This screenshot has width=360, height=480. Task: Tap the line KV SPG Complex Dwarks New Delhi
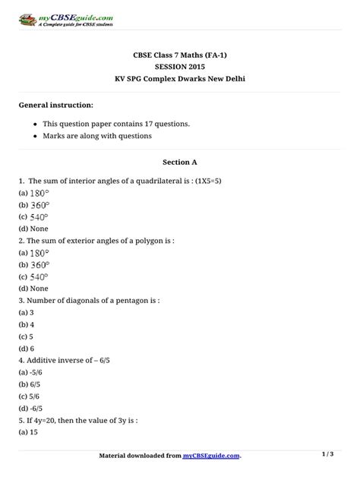179,79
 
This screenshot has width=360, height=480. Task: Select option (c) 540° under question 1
34,216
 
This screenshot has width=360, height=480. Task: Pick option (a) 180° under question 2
34,252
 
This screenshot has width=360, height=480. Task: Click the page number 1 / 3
328,454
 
